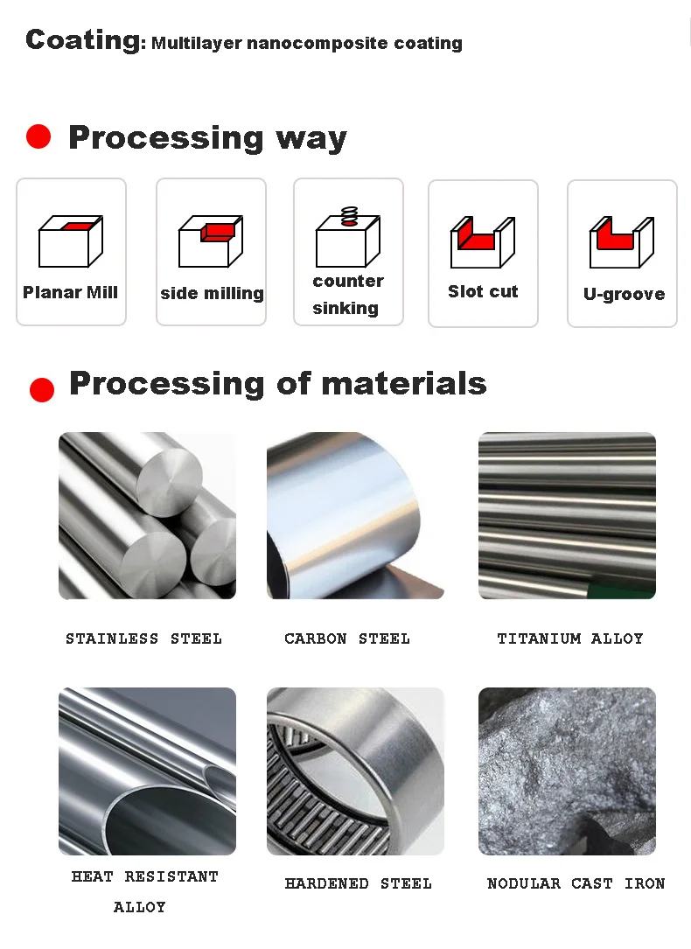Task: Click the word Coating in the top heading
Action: [83, 40]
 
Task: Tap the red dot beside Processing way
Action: [38, 136]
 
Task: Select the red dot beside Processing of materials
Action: [42, 390]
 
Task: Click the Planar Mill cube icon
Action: [71, 241]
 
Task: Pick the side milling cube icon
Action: [211, 241]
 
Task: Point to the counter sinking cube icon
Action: [348, 237]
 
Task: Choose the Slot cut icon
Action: [483, 241]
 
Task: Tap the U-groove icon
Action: [622, 241]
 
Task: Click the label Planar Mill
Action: [70, 292]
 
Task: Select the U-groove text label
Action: [624, 294]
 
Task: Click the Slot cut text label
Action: [483, 292]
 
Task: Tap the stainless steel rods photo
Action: [147, 516]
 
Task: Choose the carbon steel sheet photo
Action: [355, 516]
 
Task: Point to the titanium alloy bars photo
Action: [567, 516]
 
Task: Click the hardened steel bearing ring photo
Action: [355, 771]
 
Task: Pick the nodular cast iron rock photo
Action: [567, 771]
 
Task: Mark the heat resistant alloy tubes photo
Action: [147, 771]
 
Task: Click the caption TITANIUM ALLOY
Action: [570, 638]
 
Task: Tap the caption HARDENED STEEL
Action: [359, 883]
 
